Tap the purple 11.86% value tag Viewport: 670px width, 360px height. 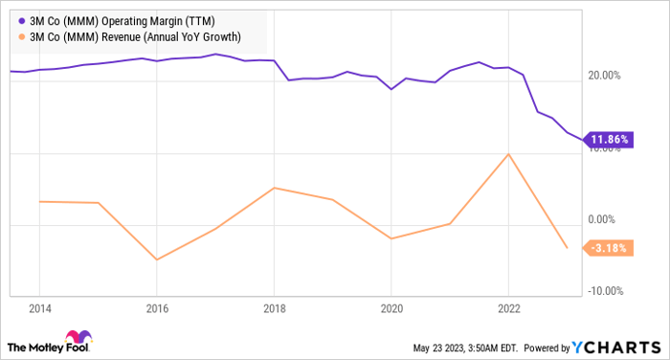[610, 140]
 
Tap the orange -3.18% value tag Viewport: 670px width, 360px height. [610, 249]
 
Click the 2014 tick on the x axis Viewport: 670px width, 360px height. [39, 308]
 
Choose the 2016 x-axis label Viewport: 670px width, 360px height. [157, 308]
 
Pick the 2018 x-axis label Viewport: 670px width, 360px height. [274, 308]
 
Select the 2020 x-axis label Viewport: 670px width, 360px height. [391, 308]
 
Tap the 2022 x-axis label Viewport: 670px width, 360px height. [508, 308]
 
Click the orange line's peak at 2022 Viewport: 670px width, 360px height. [508, 153]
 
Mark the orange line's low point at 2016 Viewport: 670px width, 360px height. [157, 259]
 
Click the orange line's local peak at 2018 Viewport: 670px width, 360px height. [274, 188]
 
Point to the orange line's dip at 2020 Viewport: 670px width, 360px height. [391, 238]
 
